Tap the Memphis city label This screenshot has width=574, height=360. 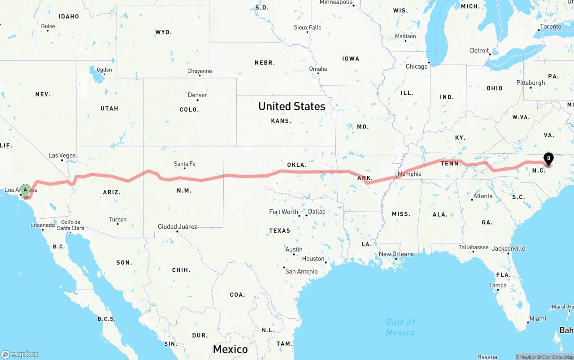pos(409,173)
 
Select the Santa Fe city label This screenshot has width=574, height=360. pos(185,164)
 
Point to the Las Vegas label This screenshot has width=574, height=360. pos(62,156)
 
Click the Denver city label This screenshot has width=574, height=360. pos(197,95)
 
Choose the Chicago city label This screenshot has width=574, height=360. pos(417,66)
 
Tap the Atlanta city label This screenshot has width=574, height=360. pos(483,196)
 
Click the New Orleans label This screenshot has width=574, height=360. pos(396,254)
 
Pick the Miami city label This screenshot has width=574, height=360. pos(538,318)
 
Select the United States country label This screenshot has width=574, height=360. pos(291,106)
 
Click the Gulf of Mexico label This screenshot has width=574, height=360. pos(400,327)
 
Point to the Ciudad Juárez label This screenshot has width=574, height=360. pos(177,226)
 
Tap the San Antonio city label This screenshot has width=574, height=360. pos(301,271)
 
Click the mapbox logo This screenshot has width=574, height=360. pos(20,354)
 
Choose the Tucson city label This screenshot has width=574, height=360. pos(117,219)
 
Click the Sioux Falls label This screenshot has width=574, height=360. pos(308,27)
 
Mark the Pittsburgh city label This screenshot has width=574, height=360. pos(531,82)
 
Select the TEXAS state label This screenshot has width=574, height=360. pos(280,230)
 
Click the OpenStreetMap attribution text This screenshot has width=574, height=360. pos(555,357)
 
